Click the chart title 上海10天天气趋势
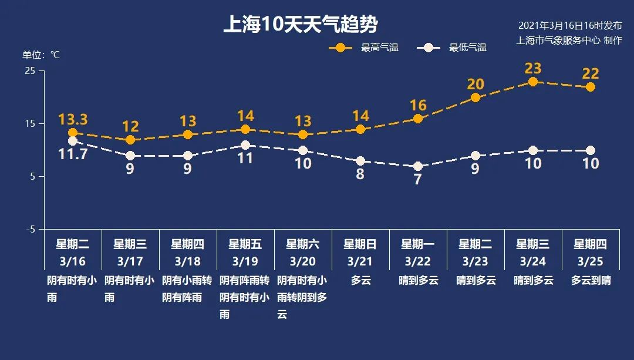[x=300, y=25]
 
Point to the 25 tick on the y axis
[x=30, y=71]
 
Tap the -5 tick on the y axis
[x=30, y=229]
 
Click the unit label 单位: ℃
[x=41, y=55]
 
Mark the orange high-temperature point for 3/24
[x=532, y=82]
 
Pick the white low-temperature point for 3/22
[x=417, y=166]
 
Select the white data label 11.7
[x=73, y=154]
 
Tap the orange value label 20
[x=475, y=85]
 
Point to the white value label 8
[x=360, y=174]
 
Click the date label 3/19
[x=245, y=261]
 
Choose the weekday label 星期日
[x=360, y=244]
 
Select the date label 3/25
[x=590, y=261]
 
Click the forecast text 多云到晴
[x=591, y=281]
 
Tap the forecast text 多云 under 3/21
[x=360, y=281]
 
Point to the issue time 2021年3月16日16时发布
[x=569, y=26]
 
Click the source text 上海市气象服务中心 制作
[x=568, y=41]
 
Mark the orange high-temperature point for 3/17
[x=130, y=140]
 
